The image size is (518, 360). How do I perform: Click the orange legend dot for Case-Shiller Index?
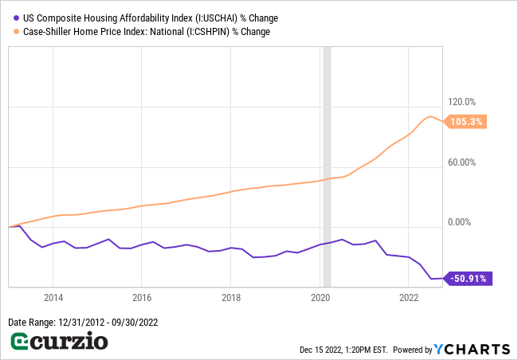point(13,32)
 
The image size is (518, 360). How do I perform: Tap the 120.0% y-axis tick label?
point(462,102)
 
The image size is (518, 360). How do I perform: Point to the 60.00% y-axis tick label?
point(462,162)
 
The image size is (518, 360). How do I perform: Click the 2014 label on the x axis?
point(53,298)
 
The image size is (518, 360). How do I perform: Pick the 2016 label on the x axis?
point(141,298)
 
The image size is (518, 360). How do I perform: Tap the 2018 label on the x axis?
point(230,298)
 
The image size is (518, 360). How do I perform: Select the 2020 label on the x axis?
point(320,298)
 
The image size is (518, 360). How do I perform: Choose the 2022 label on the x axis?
point(408,298)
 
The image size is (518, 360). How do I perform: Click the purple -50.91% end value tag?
point(469,279)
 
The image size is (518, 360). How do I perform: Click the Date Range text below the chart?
point(81,322)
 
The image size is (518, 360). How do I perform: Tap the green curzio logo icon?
point(20,342)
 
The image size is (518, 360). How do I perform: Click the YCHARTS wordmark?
point(472,349)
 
